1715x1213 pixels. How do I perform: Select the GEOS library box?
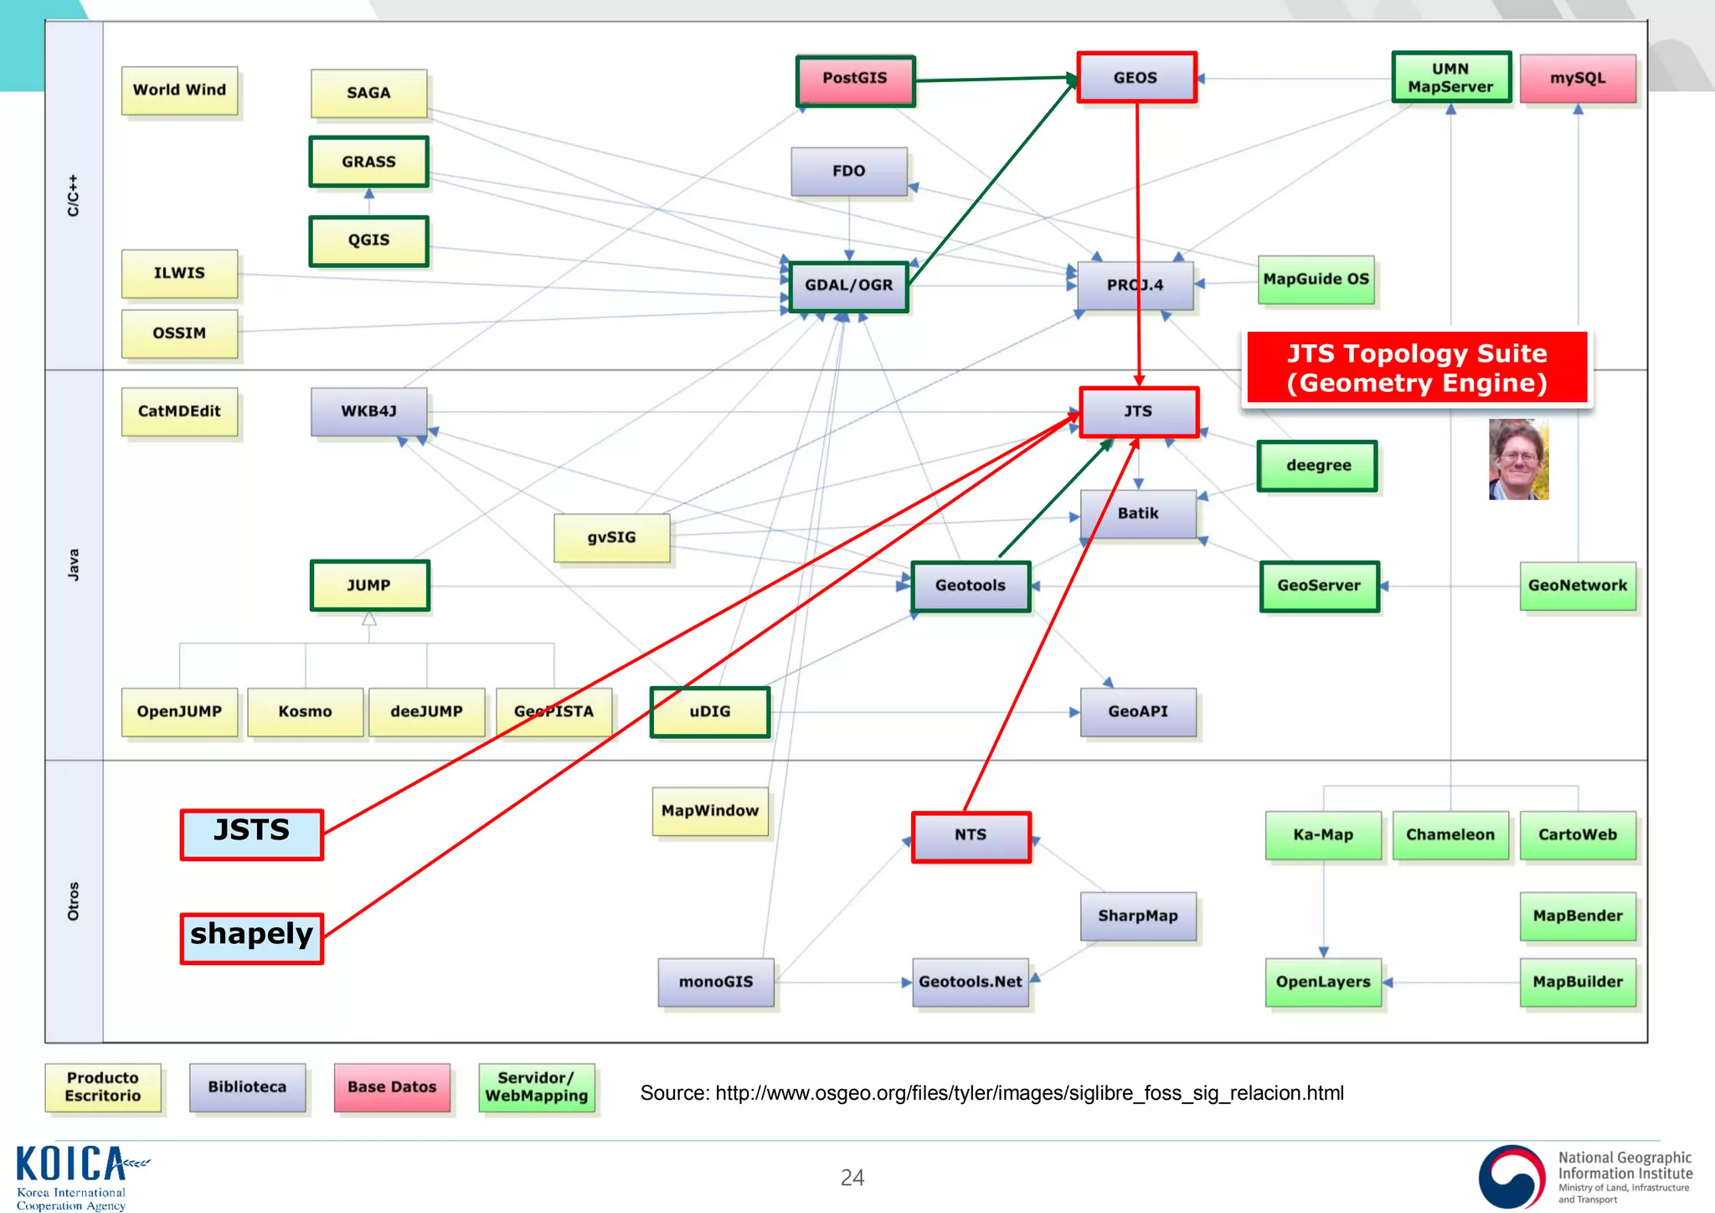point(1136,78)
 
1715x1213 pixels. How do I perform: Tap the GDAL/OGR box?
point(848,286)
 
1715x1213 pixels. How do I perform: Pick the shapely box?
point(251,937)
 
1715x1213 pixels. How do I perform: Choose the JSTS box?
point(251,834)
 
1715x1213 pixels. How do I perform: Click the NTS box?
point(971,836)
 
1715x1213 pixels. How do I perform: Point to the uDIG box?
point(709,712)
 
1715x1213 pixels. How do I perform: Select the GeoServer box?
point(1319,586)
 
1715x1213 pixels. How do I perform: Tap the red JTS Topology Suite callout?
point(1417,369)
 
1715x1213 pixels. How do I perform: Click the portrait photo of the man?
point(1518,460)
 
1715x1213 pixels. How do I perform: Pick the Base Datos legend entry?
point(392,1087)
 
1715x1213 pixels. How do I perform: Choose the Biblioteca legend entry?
point(247,1087)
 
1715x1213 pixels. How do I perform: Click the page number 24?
point(852,1178)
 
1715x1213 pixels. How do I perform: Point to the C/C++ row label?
point(74,195)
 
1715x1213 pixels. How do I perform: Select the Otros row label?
point(74,901)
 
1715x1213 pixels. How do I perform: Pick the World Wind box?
point(179,90)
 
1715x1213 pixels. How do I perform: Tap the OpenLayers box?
point(1323,983)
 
